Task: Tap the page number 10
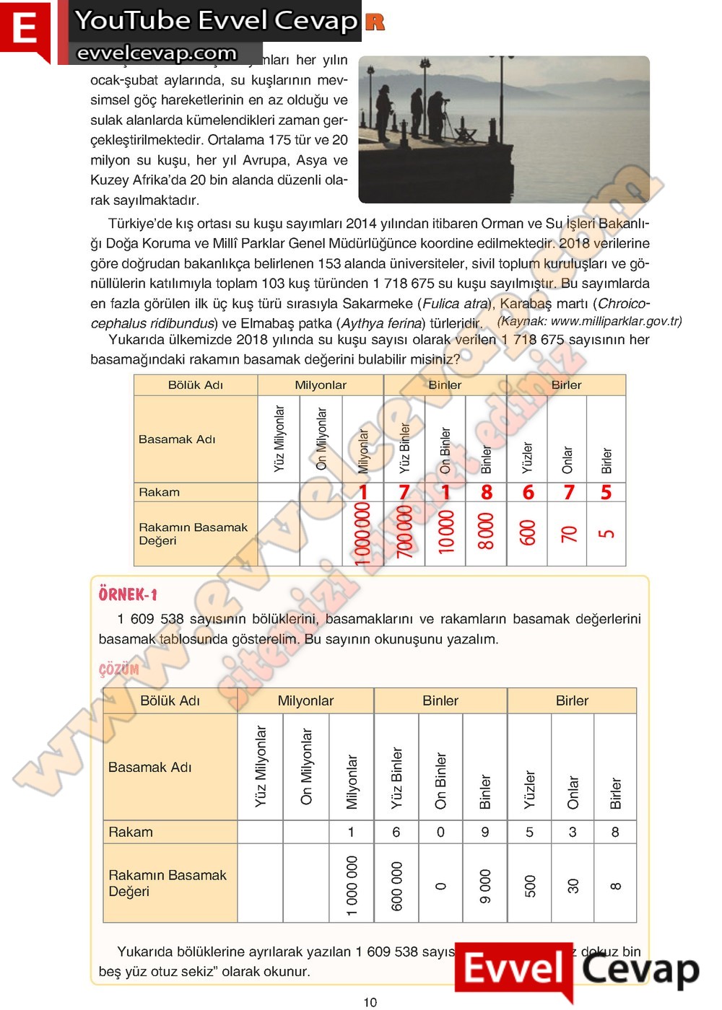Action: (x=370, y=1001)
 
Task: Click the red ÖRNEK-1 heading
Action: (x=128, y=594)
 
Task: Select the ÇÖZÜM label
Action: (x=118, y=669)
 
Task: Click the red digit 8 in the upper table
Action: (x=487, y=492)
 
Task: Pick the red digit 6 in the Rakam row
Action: (x=528, y=492)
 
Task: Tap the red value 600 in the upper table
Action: (x=528, y=532)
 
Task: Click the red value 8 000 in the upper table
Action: (x=487, y=532)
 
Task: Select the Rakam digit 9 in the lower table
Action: (x=485, y=832)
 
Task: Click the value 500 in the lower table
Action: (x=530, y=885)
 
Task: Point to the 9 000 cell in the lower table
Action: (x=485, y=885)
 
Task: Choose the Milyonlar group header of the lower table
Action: (x=305, y=701)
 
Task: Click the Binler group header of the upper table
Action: (x=445, y=385)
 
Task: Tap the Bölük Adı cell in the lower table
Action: (x=170, y=701)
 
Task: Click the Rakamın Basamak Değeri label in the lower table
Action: (x=167, y=883)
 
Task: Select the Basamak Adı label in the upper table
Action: (x=177, y=439)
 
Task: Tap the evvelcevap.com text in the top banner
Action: (x=157, y=53)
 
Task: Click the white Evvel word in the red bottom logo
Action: (x=513, y=969)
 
